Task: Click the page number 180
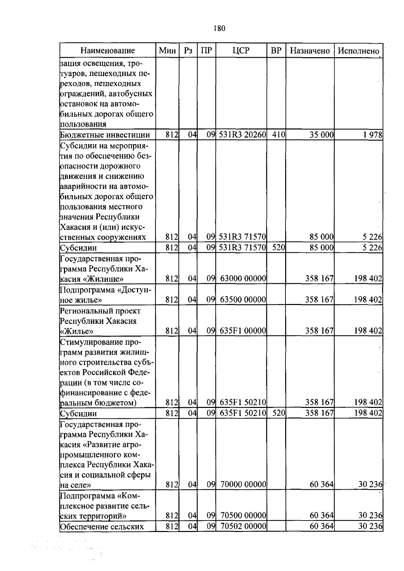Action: point(219,28)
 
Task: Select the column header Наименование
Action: point(107,51)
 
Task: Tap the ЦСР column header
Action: point(241,51)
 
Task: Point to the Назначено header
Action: point(310,51)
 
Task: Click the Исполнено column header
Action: point(359,51)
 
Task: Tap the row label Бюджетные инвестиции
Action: point(105,135)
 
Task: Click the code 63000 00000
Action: point(243,278)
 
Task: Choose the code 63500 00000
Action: point(243,299)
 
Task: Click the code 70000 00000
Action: point(243,485)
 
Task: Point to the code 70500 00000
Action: point(243,516)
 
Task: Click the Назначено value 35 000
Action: point(322,135)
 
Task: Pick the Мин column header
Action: point(167,51)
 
